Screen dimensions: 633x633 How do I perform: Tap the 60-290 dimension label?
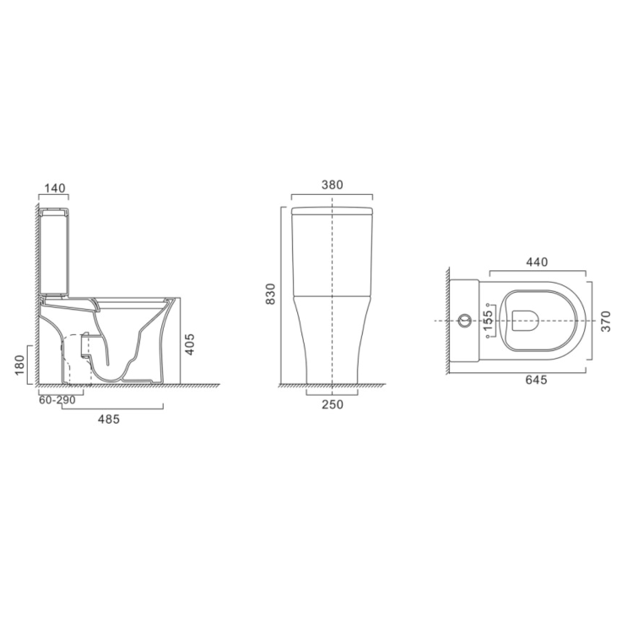[x=57, y=400]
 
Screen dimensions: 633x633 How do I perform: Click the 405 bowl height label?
[x=191, y=344]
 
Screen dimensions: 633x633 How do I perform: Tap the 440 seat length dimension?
[x=537, y=262]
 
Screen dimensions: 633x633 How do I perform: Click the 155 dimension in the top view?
[x=488, y=321]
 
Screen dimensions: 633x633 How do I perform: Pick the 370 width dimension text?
[x=604, y=321]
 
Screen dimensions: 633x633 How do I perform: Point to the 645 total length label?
[x=536, y=381]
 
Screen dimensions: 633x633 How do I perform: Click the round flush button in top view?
[x=464, y=321]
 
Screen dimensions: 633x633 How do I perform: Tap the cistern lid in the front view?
[x=333, y=211]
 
